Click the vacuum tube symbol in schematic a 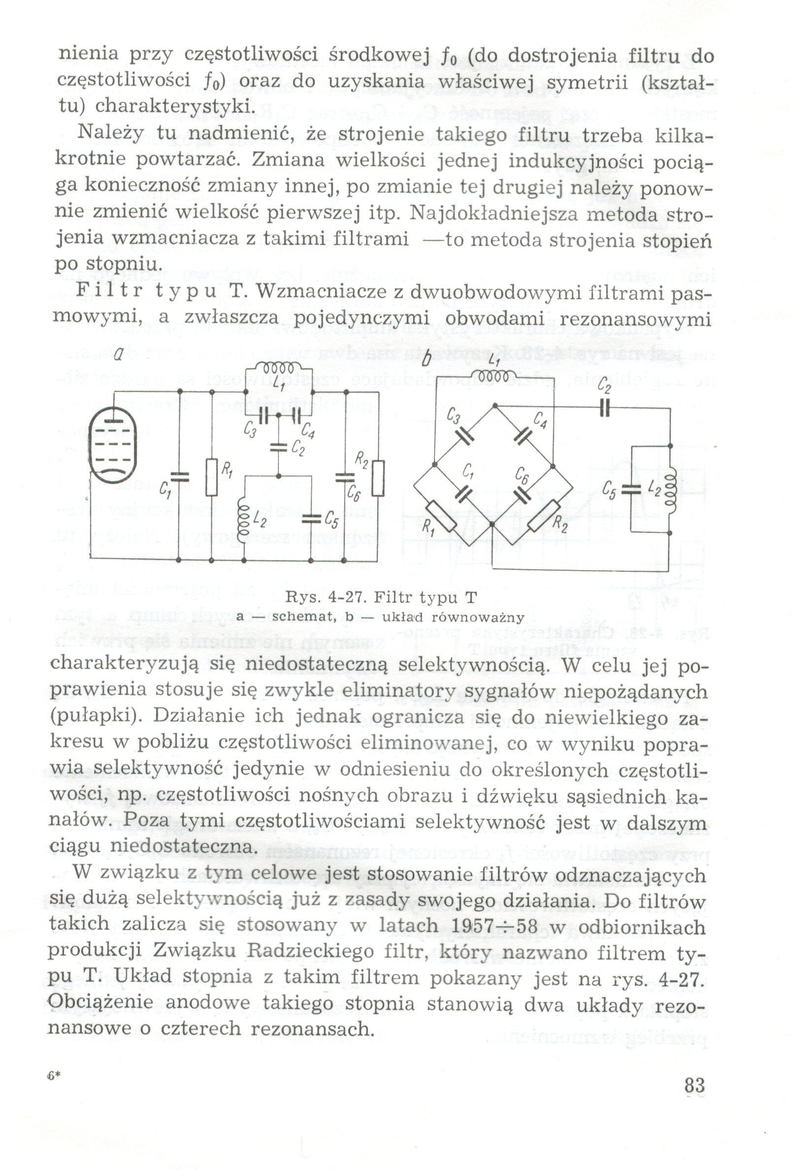113,446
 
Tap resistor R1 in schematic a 212,477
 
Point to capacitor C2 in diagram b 605,407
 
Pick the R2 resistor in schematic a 378,478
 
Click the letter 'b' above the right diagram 426,358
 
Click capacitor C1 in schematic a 179,478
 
